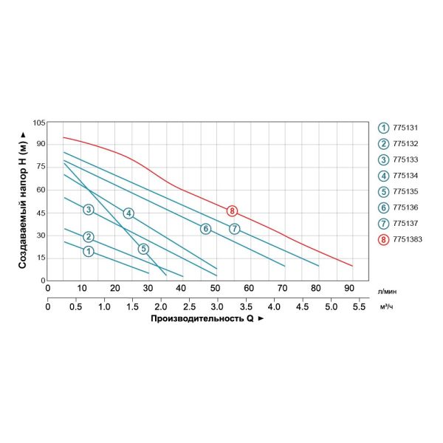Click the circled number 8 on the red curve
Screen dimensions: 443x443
pos(232,211)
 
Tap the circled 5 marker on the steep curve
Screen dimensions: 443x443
pos(143,249)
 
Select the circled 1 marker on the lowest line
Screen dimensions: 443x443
pos(89,252)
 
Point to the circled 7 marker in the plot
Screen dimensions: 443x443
pos(234,229)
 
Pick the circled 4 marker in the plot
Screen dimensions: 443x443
pos(128,213)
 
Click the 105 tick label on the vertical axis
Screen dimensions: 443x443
pos(38,121)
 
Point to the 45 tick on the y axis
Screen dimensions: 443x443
pos(41,213)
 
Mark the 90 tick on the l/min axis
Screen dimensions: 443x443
pos(348,288)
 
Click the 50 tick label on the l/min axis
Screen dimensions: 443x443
pos(215,288)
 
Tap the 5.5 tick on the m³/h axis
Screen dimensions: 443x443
pos(359,306)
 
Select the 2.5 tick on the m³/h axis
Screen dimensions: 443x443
pos(189,306)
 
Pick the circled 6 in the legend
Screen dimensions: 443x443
pos(384,207)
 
